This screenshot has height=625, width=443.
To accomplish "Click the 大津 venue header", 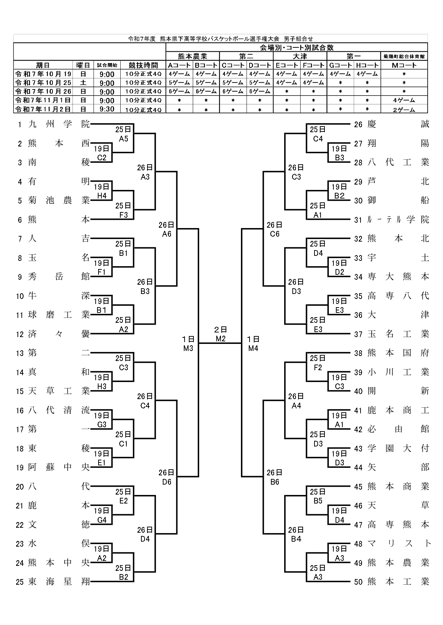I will coord(300,56).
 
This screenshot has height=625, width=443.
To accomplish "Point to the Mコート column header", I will coord(404,65).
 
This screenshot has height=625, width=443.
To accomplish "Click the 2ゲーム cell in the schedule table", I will coord(404,110).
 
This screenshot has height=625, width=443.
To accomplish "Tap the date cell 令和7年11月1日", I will coord(43,100).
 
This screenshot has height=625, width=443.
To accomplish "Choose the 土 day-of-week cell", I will coord(83,83).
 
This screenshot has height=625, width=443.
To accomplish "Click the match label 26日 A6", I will coord(167,229).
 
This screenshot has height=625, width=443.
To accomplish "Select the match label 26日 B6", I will coord(275,477).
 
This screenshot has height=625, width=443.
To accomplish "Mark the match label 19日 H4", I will coord(102,191).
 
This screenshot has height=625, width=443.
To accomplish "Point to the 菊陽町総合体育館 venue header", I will coord(404,56).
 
